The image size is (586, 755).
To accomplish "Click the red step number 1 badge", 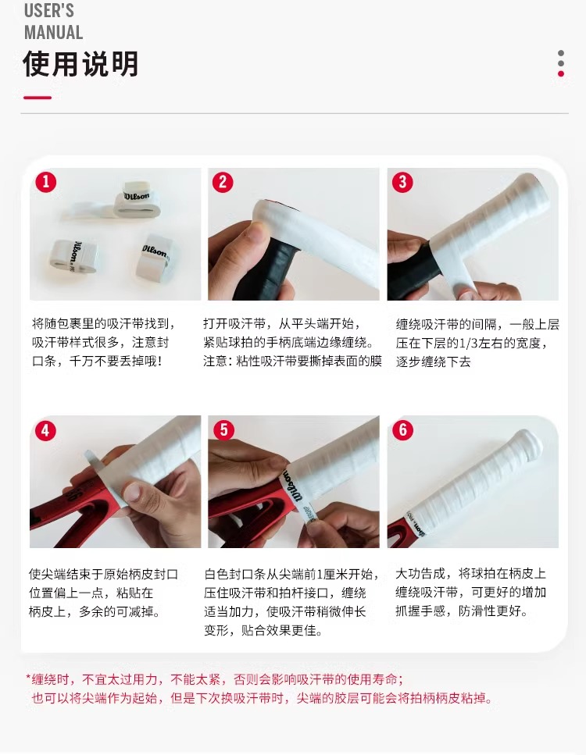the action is click(x=46, y=182).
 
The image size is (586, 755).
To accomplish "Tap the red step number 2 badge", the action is click(x=223, y=182).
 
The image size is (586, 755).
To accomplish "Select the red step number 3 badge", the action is click(x=402, y=182).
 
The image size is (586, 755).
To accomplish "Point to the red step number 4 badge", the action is click(x=46, y=430).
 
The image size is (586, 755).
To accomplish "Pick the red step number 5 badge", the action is click(x=223, y=430).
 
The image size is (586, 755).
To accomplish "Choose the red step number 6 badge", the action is click(x=403, y=430).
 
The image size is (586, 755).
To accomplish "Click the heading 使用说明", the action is click(x=81, y=63).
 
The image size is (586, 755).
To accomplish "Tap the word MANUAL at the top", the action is click(x=53, y=33).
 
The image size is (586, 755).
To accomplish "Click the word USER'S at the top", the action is click(x=49, y=9).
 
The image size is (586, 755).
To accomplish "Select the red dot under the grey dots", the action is click(x=561, y=73).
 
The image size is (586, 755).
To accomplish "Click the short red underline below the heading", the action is click(x=38, y=98).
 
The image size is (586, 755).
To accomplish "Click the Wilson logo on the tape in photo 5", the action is click(x=292, y=486).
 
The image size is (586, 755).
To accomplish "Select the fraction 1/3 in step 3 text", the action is click(x=470, y=344).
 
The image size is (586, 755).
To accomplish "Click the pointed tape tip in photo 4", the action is click(x=88, y=454).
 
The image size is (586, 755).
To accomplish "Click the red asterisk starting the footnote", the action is click(x=28, y=678).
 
